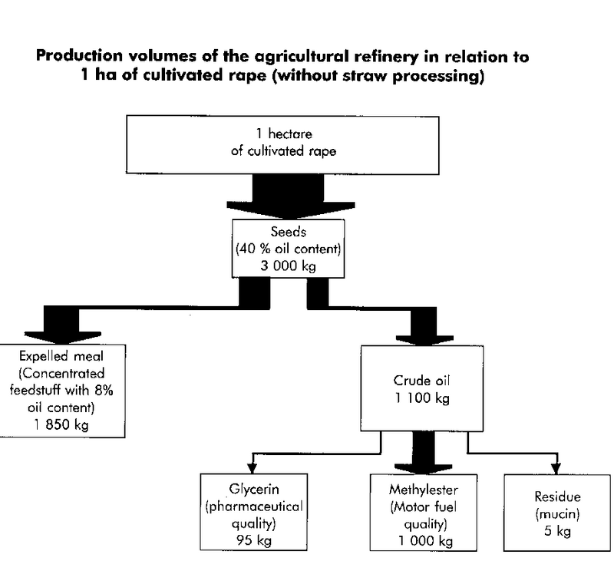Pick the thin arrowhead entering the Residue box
point(553,467)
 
